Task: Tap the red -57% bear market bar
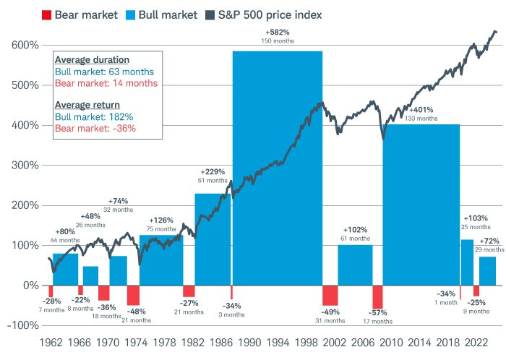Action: pos(377,297)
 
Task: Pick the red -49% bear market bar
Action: pos(330,295)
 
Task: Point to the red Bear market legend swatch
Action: pos(46,14)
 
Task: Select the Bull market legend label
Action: pos(163,14)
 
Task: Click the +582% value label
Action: pos(276,33)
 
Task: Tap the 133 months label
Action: pos(421,118)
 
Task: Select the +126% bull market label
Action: pos(161,220)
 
